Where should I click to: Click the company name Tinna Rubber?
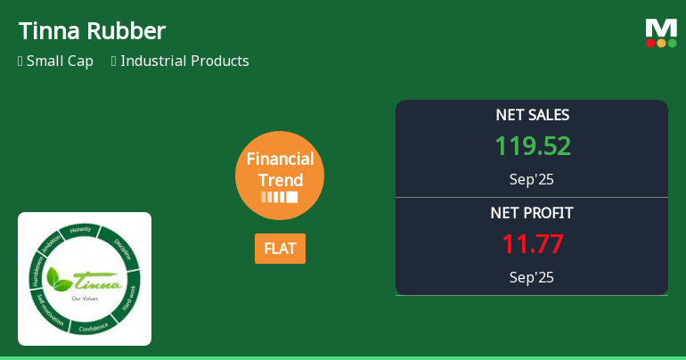pos(92,31)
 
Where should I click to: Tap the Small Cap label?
pos(60,61)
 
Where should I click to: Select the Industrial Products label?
pos(184,61)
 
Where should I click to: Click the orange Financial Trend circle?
pos(280,176)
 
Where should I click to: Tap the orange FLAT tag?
pos(280,249)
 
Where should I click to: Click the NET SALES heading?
pos(532,115)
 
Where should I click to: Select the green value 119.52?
pos(532,146)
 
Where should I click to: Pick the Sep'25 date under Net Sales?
pos(532,179)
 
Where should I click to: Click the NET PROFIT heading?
pos(532,213)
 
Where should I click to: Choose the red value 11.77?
pos(532,244)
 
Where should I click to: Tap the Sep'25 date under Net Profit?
pos(532,277)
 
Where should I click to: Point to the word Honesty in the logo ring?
pos(81,230)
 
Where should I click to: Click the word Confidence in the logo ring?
pos(93,327)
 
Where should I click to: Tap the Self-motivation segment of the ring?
pos(49,312)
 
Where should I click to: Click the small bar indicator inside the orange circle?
pos(280,197)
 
